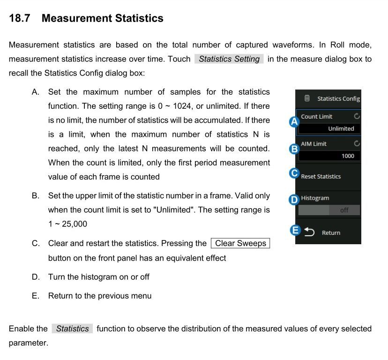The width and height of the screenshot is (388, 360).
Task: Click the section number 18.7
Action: (20, 18)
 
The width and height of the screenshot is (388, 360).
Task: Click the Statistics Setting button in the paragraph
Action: (229, 59)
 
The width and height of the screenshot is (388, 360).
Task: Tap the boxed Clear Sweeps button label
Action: (240, 243)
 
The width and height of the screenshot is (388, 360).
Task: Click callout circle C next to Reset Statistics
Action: (294, 173)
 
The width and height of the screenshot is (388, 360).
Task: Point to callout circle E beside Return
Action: (295, 230)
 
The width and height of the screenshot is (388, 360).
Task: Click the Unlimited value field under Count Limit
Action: (330, 128)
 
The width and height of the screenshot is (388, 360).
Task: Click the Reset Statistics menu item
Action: (321, 177)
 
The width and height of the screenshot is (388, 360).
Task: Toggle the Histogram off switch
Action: (329, 210)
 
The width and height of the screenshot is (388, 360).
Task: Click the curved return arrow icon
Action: (310, 232)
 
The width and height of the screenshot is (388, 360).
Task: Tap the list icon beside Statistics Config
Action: (307, 98)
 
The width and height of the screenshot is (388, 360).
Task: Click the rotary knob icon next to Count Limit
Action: (357, 116)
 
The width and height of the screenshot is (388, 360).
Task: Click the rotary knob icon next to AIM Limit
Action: (357, 143)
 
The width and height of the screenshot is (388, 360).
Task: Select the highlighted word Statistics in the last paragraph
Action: (72, 329)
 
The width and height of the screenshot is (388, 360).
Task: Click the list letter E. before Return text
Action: (36, 296)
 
